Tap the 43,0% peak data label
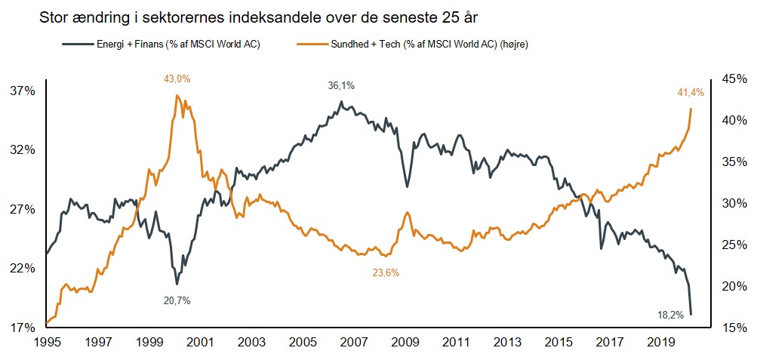pyautogui.click(x=177, y=78)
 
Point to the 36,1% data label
pyautogui.click(x=342, y=86)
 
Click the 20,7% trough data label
pyautogui.click(x=177, y=300)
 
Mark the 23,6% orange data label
pyautogui.click(x=385, y=272)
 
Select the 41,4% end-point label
pyautogui.click(x=691, y=93)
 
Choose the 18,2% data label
pyautogui.click(x=670, y=315)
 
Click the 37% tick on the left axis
pyautogui.click(x=23, y=91)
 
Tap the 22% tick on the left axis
pyautogui.click(x=23, y=269)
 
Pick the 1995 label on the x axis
pyautogui.click(x=47, y=342)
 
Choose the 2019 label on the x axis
pyautogui.click(x=662, y=342)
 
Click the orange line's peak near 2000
pyautogui.click(x=177, y=95)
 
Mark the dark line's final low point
pyautogui.click(x=691, y=314)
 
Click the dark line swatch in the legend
pyautogui.click(x=78, y=44)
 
